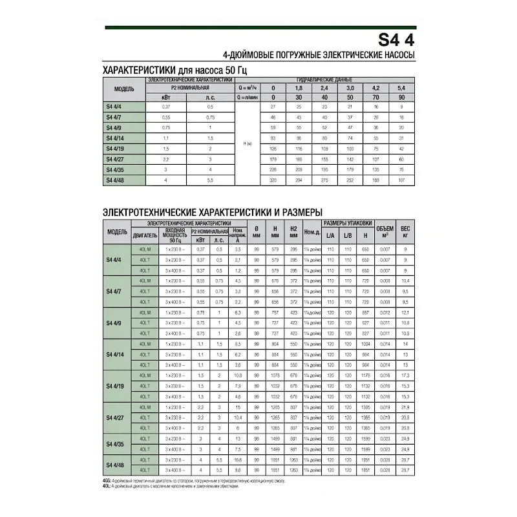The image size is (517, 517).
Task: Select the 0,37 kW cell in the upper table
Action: tap(165, 106)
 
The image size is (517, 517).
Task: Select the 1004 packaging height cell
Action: tap(365, 344)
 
